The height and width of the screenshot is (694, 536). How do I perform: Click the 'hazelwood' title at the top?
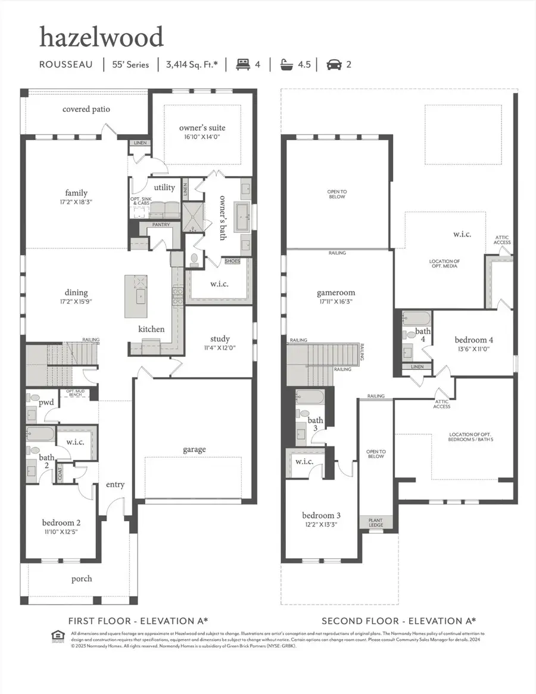click(101, 38)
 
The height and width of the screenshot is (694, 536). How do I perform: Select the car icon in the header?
click(334, 64)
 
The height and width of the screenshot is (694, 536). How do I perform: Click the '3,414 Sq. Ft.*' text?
click(192, 64)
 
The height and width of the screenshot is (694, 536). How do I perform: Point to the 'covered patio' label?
click(86, 109)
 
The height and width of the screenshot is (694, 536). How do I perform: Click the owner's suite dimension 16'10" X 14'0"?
click(202, 138)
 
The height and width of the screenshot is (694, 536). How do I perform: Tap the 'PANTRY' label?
click(161, 225)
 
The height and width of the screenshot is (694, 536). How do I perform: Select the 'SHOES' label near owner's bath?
click(232, 261)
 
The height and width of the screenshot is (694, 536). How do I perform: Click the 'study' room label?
click(220, 340)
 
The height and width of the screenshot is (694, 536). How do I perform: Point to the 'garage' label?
click(194, 449)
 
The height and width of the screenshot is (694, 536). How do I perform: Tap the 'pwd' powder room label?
click(46, 402)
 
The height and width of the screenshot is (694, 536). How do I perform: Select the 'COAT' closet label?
click(60, 474)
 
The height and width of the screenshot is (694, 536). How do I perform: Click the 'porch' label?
click(82, 578)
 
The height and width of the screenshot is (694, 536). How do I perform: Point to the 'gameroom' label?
click(336, 292)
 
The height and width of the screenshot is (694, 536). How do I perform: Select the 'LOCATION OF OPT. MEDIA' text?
click(444, 264)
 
